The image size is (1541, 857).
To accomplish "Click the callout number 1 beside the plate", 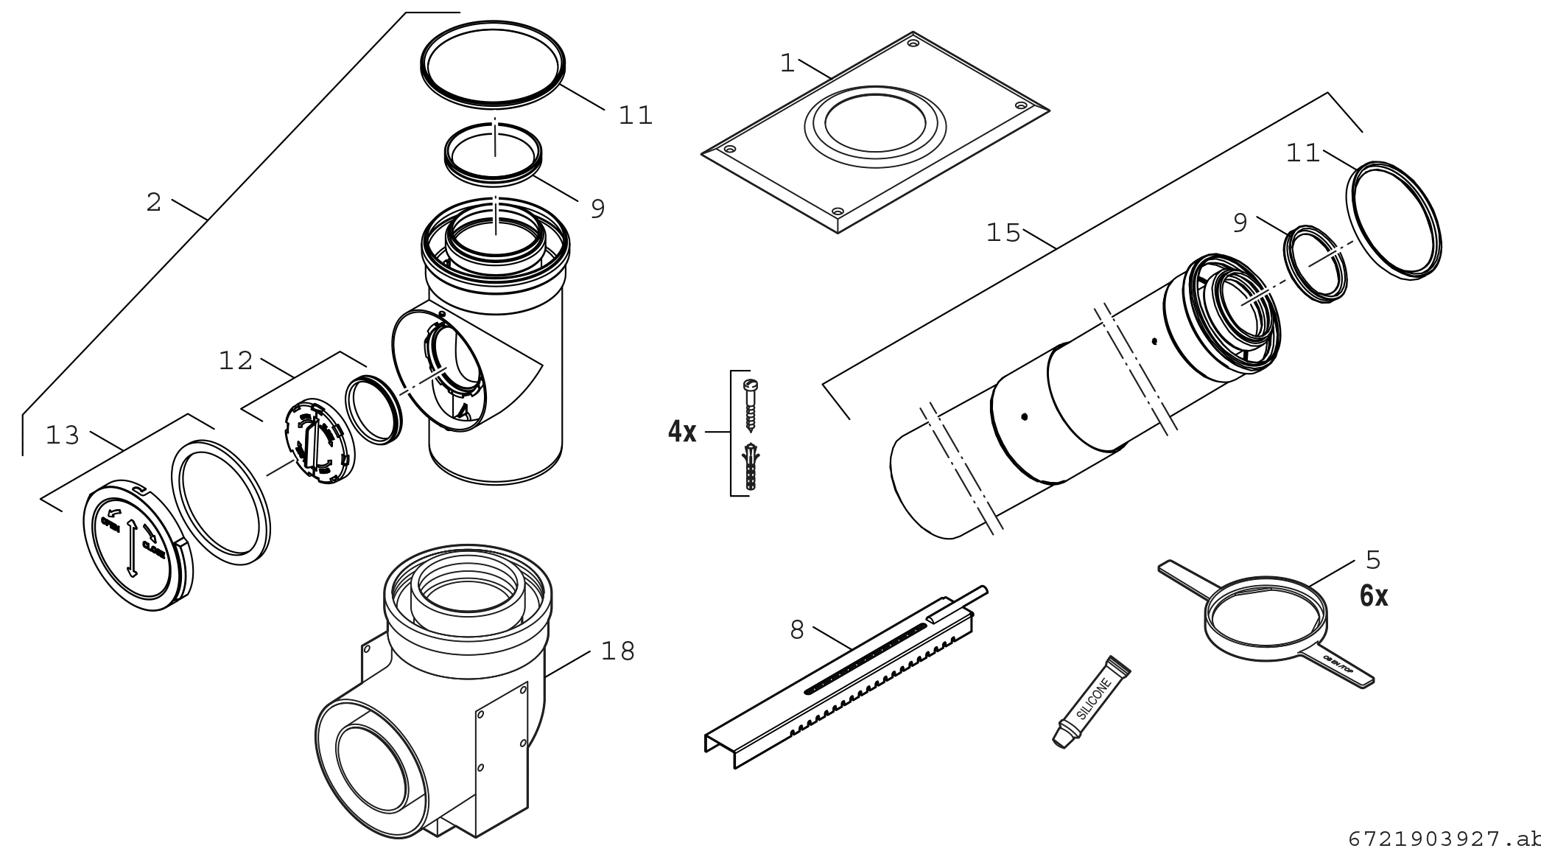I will click(787, 64).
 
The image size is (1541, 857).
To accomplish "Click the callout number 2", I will click(153, 203).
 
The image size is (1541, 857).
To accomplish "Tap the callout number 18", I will click(618, 651).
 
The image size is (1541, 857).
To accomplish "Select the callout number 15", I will click(1003, 234).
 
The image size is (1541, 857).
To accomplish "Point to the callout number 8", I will click(796, 630).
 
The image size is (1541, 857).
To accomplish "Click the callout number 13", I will click(63, 436).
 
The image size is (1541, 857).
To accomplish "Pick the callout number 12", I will click(236, 361).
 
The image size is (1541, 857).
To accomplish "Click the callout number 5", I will click(1373, 560).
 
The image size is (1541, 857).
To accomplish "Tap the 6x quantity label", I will click(1374, 596).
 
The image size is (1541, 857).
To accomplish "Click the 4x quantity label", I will click(682, 433).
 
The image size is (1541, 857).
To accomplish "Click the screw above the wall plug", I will click(751, 405).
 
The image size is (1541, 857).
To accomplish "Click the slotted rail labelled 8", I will click(840, 682).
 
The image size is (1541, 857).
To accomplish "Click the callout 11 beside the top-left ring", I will click(636, 116).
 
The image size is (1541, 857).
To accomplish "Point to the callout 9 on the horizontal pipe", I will click(1240, 223).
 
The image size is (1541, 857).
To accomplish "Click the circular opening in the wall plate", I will click(874, 122).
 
